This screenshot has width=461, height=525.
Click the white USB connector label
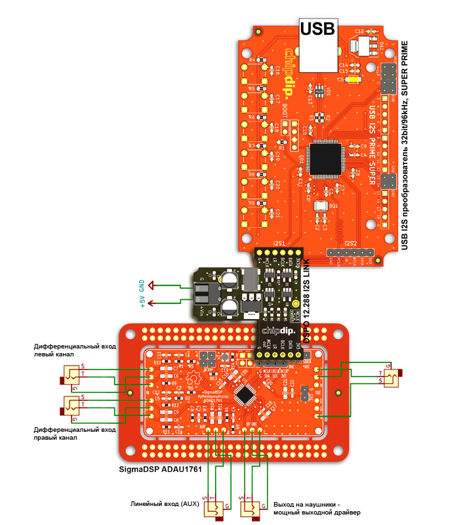(x=318, y=28)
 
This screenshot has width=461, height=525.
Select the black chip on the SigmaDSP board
(x=246, y=394)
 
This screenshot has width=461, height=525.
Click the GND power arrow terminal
(x=152, y=285)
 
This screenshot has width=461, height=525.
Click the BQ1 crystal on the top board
(x=321, y=205)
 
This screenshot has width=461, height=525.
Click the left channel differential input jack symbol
(x=70, y=377)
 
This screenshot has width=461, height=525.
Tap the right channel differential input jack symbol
(x=70, y=408)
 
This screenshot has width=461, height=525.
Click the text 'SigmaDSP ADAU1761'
(x=159, y=469)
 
